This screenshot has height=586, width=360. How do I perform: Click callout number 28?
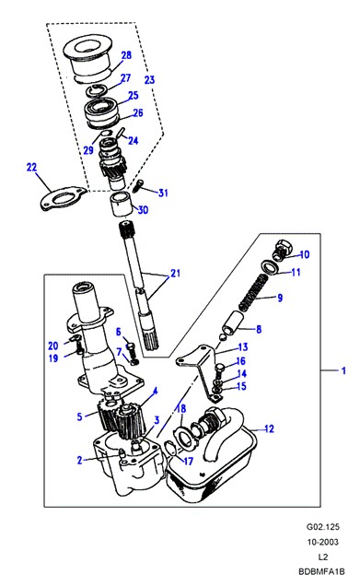click(x=126, y=55)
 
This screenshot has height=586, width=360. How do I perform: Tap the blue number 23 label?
click(x=149, y=79)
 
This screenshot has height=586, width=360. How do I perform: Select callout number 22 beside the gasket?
click(x=31, y=167)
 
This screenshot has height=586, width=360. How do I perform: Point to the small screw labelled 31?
click(x=138, y=185)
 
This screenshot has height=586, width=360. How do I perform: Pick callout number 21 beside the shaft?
click(x=175, y=274)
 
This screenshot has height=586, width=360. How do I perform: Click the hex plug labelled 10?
click(x=282, y=250)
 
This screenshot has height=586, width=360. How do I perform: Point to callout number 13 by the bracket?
click(x=243, y=347)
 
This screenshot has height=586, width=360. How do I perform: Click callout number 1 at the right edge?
click(x=343, y=370)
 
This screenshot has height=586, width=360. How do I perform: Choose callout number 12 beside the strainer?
click(x=269, y=428)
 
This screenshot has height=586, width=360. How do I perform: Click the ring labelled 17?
click(x=169, y=448)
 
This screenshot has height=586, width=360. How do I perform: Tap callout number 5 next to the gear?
click(x=79, y=416)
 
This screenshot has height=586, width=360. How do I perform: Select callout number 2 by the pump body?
click(x=79, y=460)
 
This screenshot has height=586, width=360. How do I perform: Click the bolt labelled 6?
click(x=131, y=348)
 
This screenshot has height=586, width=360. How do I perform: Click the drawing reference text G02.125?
click(x=323, y=527)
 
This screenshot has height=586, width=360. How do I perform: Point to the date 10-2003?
click(x=323, y=542)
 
